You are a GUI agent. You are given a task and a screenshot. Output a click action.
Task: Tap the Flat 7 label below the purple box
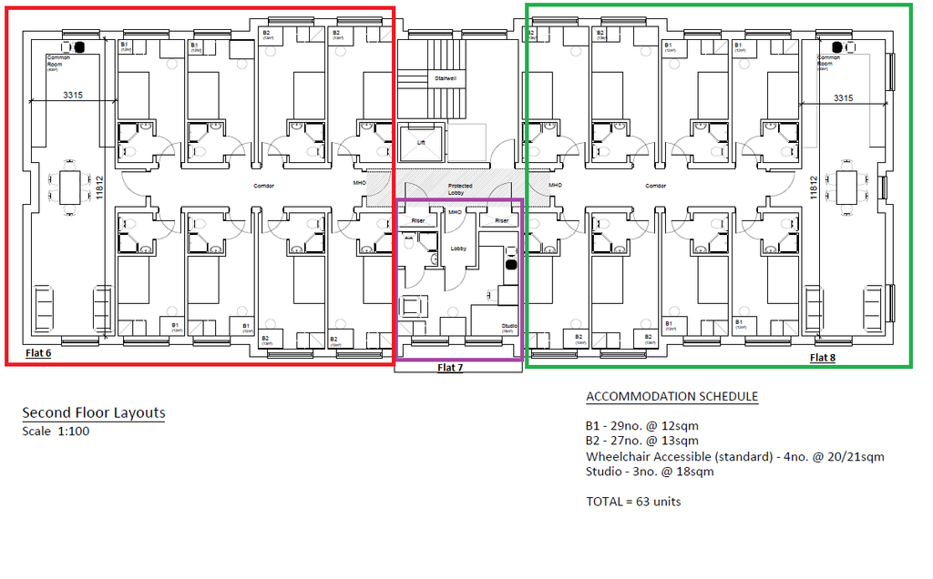coord(450,368)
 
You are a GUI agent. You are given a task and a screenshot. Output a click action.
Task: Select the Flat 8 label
coord(822,358)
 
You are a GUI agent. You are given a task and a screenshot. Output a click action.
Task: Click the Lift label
coord(421,142)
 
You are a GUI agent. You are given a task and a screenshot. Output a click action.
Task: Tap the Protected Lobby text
coord(460,189)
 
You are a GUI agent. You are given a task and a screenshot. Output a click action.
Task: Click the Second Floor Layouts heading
coord(94,412)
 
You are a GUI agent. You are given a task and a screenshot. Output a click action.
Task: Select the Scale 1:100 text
coord(56,431)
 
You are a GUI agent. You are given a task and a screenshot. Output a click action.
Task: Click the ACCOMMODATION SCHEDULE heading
coord(672,397)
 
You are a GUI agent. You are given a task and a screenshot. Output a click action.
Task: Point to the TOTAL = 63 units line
coord(632,502)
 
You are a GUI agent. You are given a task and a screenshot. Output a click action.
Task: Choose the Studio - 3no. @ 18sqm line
coord(649,472)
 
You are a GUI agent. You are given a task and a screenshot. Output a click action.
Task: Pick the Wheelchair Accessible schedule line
coord(734,456)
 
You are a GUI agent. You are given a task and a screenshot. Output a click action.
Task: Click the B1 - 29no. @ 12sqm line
coord(641,426)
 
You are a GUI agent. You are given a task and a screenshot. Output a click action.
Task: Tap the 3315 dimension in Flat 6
coord(76,95)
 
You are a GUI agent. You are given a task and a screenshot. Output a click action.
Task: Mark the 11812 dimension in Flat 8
coord(813,188)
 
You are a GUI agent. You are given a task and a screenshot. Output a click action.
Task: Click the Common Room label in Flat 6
coord(58,60)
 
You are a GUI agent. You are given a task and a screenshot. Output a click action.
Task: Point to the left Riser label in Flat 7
coord(418,220)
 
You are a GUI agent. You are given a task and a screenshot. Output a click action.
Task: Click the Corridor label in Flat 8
coord(655,186)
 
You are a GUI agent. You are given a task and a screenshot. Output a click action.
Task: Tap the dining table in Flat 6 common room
coord(69,188)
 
